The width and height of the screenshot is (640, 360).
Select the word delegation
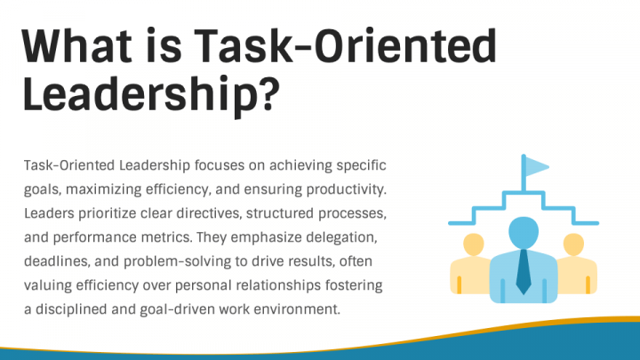(x=347, y=237)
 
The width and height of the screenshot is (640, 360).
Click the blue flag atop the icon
(x=537, y=166)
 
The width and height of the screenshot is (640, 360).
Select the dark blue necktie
(x=524, y=270)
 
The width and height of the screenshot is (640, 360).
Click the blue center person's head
(x=524, y=229)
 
